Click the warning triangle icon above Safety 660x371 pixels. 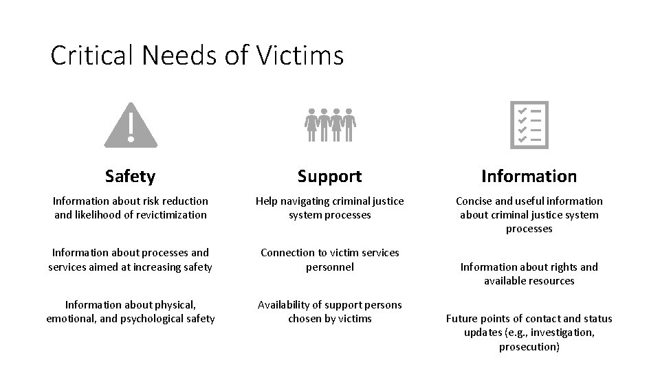coord(131,125)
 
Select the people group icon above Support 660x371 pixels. coord(330,124)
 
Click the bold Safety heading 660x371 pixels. coord(131,177)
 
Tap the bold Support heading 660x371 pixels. coord(330,177)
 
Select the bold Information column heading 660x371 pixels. coord(529,177)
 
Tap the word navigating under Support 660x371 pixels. coord(308,201)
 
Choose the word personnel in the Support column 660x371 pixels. coord(330,267)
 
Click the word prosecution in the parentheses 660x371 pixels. coord(529,346)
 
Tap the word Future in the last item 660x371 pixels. coord(463,319)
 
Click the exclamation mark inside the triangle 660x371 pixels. coord(131,126)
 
